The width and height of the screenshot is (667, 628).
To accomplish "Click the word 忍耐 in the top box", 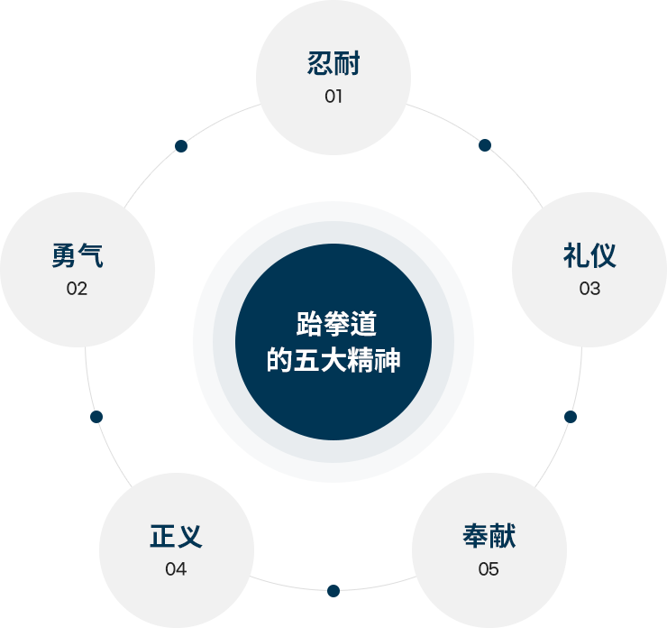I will [x=333, y=65].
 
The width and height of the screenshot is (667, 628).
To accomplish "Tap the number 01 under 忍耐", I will [x=333, y=97].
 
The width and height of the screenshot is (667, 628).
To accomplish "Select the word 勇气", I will [x=78, y=256].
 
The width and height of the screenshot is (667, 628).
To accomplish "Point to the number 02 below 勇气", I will [x=77, y=289].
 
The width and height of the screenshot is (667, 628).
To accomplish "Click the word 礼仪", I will [x=589, y=256].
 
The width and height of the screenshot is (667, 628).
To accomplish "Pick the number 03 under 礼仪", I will [x=589, y=289].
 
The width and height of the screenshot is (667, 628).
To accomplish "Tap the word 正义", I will [x=176, y=536].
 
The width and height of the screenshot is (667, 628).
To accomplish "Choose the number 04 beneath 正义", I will [x=176, y=569].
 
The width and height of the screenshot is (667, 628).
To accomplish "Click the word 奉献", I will [x=489, y=536].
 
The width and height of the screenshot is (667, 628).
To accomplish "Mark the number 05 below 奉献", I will [x=489, y=569].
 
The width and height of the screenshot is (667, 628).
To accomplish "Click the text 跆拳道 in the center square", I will [x=333, y=325].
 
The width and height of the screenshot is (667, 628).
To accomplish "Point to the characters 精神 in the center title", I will [x=378, y=362].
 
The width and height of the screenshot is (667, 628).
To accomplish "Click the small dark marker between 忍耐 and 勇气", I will [x=181, y=146].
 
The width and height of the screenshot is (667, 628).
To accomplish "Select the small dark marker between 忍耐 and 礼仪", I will [x=485, y=144].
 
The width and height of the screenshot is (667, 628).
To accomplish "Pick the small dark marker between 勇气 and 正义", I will [x=96, y=416].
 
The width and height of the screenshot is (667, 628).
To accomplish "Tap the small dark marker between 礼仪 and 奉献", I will [x=570, y=416].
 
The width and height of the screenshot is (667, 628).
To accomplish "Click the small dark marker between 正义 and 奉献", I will [x=333, y=590].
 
